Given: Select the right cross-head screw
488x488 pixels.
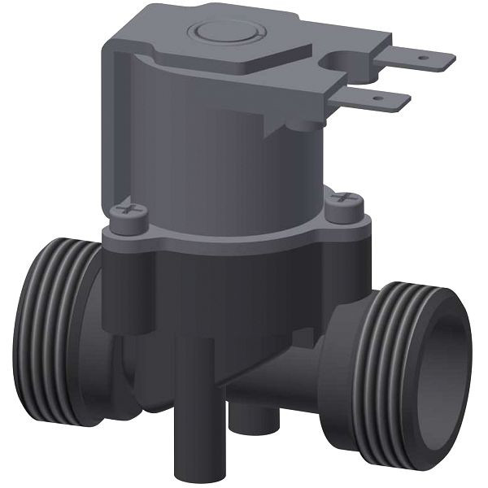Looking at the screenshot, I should [344, 199].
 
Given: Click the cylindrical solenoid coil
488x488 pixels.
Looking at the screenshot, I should [228, 163].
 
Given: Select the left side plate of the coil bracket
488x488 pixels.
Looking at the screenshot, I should [114, 122].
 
